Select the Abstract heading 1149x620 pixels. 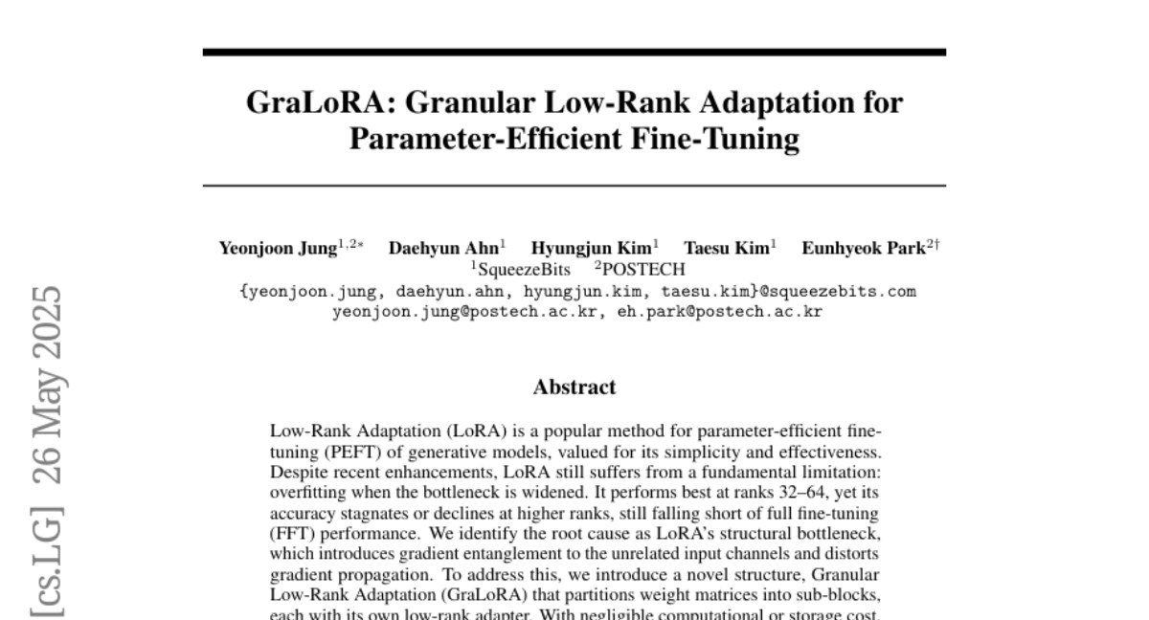pyautogui.click(x=574, y=387)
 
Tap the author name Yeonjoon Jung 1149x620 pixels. pyautogui.click(x=275, y=247)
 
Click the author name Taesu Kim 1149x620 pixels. pyautogui.click(x=725, y=247)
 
